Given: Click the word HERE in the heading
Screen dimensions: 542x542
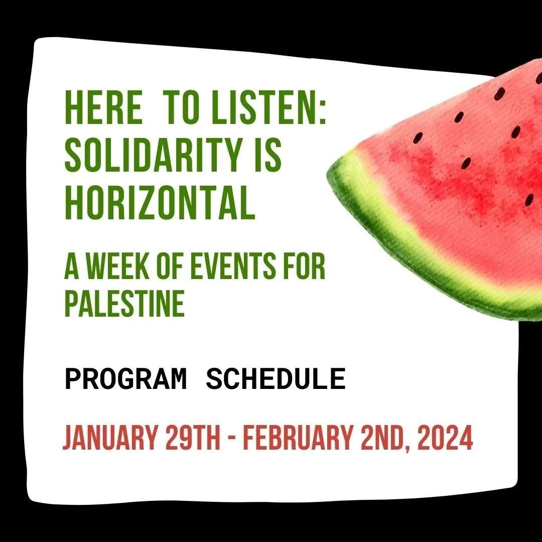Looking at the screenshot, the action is (x=103, y=107).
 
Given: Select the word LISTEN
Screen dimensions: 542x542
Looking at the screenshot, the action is (x=262, y=107).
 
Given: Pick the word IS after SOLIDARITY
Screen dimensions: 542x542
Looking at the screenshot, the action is (x=267, y=155).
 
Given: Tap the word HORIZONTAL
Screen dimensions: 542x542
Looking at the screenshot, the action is (x=160, y=203).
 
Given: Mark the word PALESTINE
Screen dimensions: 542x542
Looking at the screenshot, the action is (x=124, y=304).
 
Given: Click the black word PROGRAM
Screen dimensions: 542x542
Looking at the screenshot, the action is (x=125, y=379).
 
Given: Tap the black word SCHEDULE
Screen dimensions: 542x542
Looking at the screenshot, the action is (x=276, y=379).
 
